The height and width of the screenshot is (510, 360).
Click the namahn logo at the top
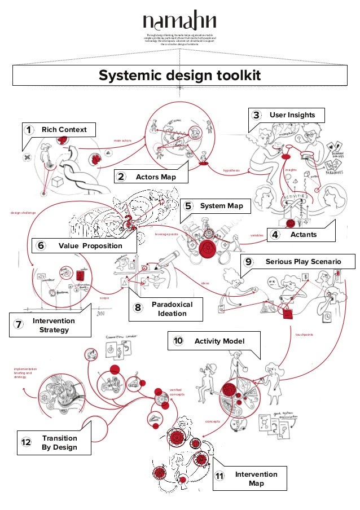(x=179, y=21)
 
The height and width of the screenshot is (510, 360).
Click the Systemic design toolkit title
(x=179, y=76)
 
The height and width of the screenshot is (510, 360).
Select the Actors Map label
(x=155, y=177)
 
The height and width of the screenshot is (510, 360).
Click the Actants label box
(x=304, y=234)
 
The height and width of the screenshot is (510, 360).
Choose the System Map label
(x=221, y=206)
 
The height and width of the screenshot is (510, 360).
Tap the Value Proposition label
(x=90, y=245)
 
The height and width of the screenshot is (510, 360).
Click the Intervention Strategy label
(x=54, y=325)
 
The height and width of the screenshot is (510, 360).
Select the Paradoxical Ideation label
(x=172, y=309)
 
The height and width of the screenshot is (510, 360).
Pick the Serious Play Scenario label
(x=303, y=262)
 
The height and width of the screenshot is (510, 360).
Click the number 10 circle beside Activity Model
(x=178, y=341)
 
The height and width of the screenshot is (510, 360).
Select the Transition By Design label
(x=59, y=443)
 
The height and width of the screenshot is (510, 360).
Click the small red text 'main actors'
(x=122, y=140)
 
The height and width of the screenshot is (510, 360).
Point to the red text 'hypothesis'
(x=231, y=170)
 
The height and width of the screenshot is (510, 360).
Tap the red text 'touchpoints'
(x=304, y=335)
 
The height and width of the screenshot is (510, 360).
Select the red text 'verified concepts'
(x=177, y=392)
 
